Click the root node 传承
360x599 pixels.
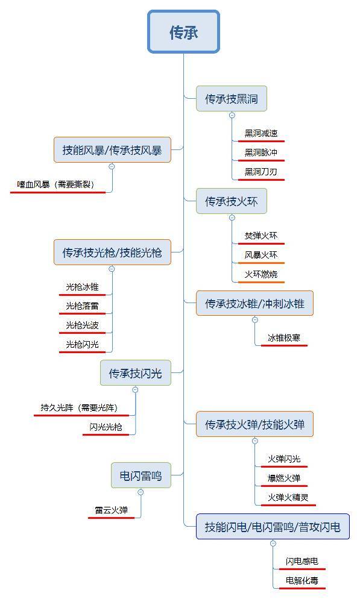183,32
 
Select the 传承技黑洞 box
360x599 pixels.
231,99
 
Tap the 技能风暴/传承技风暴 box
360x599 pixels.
112,149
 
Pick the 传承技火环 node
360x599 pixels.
231,201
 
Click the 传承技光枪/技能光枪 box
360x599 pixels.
112,252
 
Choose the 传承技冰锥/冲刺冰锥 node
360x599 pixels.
254,303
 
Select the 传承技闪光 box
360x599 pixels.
135,373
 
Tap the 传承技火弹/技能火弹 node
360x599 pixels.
254,424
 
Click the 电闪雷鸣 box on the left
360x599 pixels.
141,475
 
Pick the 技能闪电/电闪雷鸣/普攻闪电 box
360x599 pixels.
273,527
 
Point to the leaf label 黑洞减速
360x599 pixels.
261,133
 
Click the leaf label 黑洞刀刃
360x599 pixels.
261,172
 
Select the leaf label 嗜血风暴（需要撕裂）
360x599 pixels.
56,184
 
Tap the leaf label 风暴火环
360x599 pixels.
261,255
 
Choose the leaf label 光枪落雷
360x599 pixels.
82,306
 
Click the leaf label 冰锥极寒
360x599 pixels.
284,337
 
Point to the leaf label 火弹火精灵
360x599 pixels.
288,497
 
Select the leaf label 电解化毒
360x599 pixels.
302,581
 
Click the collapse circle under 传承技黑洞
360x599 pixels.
232,115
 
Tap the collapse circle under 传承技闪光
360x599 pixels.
135,390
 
